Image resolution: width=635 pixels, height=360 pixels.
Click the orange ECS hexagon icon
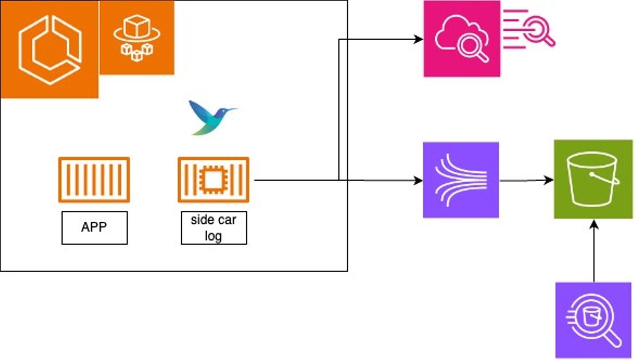[x=49, y=49]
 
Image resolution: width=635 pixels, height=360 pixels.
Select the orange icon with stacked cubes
[x=137, y=37]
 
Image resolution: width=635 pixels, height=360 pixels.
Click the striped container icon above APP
[x=94, y=180]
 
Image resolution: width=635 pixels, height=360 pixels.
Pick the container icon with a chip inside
[x=213, y=180]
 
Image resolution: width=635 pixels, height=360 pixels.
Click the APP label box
[x=94, y=228]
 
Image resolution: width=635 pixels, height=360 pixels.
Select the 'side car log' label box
[x=214, y=228]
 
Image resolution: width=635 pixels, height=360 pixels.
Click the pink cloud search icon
[x=462, y=39]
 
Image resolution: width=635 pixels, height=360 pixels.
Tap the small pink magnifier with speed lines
[x=529, y=28]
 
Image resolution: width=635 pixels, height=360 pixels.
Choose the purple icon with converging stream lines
[x=461, y=180]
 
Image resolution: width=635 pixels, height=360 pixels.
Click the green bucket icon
[x=593, y=179]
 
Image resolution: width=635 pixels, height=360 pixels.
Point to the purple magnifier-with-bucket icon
[x=593, y=320]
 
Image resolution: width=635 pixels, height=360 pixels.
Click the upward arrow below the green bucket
[x=594, y=251]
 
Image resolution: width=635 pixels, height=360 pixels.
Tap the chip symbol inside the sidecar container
[x=213, y=180]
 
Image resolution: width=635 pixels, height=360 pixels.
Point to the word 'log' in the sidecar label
[x=213, y=235]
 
